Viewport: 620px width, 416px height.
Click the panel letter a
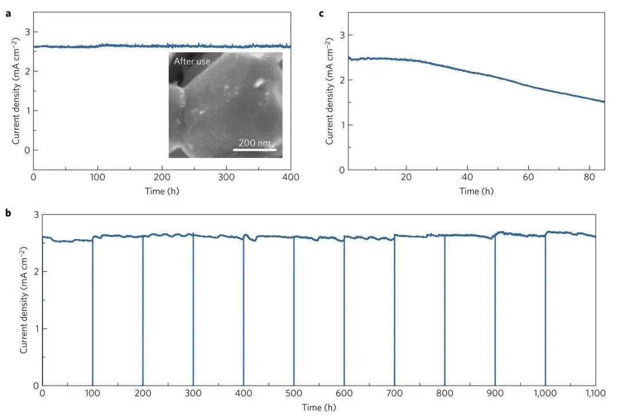pos(8,13)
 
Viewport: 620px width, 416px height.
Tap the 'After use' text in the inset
pos(192,61)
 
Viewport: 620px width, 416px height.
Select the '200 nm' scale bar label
pos(254,142)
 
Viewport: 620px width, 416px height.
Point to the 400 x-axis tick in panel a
pos(291,178)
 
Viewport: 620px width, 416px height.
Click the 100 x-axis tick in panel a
pos(98,178)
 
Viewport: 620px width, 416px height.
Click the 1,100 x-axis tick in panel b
pos(595,394)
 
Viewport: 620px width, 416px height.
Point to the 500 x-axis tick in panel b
pos(294,394)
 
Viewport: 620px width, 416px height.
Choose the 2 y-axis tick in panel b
pos(36,271)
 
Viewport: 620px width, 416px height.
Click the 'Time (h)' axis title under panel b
pos(319,407)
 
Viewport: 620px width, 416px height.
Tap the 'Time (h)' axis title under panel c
pos(476,191)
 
